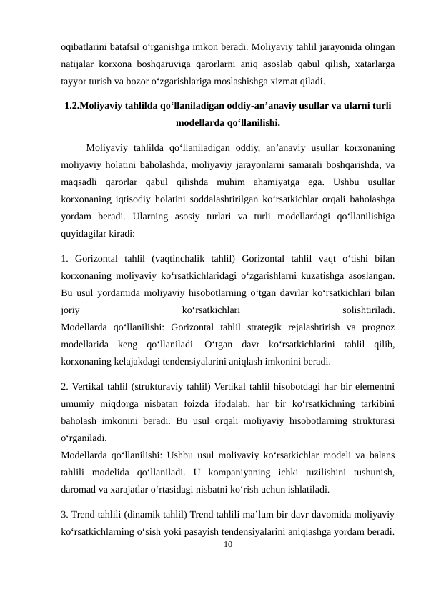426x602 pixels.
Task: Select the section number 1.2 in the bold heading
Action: (71, 106)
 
